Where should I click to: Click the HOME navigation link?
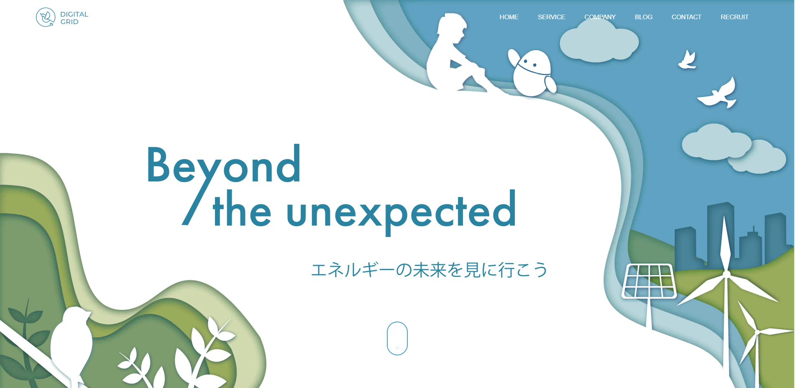(509, 17)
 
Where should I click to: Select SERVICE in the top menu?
(551, 17)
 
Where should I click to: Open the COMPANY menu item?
(600, 17)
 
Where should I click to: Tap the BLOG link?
(644, 17)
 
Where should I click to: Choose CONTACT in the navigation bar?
(686, 17)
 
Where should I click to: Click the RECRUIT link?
(734, 17)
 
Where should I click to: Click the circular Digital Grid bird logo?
(46, 17)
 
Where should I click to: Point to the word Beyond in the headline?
(224, 165)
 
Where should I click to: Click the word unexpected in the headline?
(401, 211)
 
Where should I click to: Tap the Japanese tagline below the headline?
(429, 270)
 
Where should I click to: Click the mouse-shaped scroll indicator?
(397, 338)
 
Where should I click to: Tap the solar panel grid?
(649, 281)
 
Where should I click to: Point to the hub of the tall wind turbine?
(727, 274)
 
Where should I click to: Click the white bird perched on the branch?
(72, 343)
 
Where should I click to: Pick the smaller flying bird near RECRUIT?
(687, 60)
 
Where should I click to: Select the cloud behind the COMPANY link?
(599, 41)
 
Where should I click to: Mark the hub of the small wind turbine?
(757, 332)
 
